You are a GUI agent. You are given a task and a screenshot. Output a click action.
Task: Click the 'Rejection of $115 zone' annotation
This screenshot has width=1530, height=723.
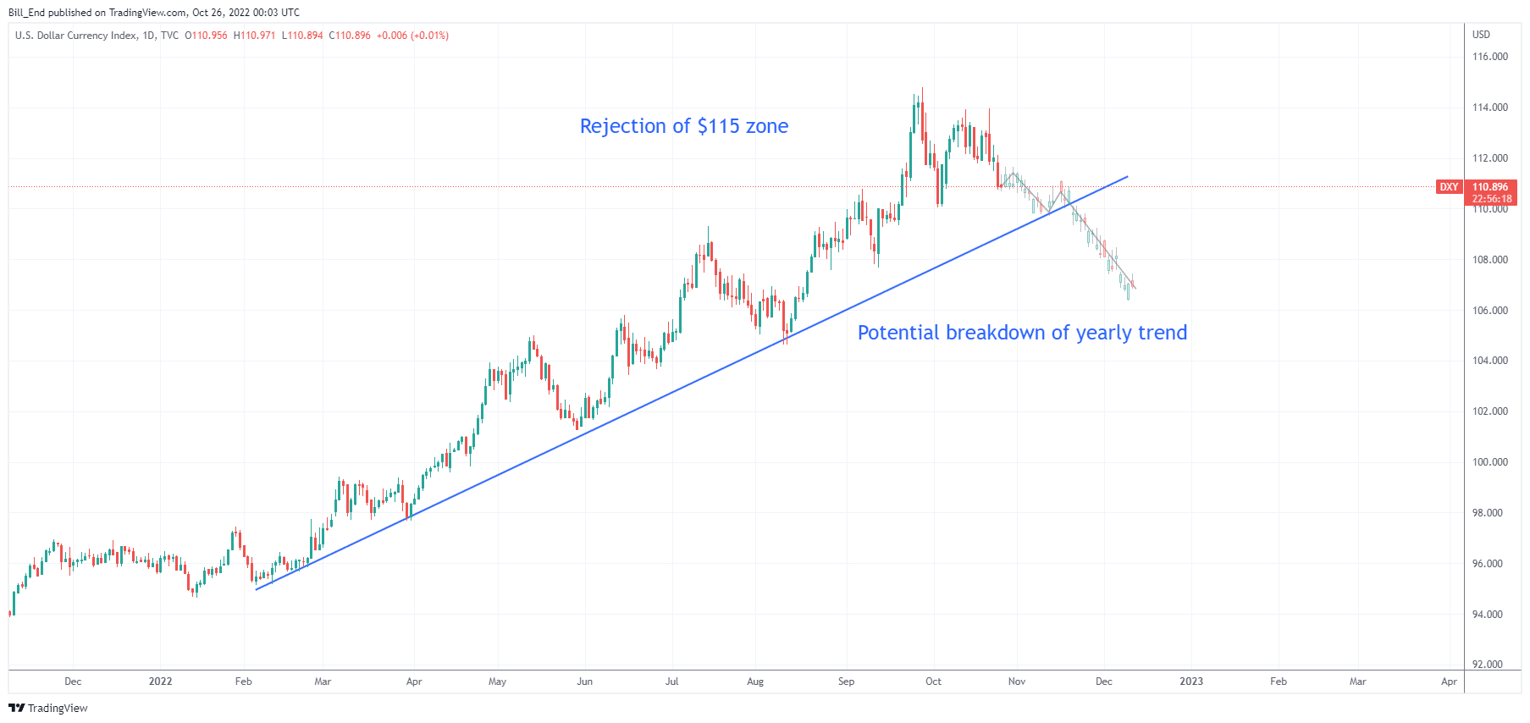click(x=683, y=126)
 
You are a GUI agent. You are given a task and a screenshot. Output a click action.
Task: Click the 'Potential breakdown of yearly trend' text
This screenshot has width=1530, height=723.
click(x=1022, y=333)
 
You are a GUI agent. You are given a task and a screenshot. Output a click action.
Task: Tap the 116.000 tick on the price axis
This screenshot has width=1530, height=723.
click(x=1489, y=57)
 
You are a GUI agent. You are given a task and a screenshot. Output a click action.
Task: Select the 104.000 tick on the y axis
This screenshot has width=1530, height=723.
click(x=1489, y=361)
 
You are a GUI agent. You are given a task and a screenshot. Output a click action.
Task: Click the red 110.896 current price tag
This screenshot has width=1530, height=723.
click(x=1490, y=187)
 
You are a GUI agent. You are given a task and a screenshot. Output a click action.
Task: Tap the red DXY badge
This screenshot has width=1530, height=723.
click(x=1449, y=187)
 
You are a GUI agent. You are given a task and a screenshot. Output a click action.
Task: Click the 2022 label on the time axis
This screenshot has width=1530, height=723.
click(x=160, y=682)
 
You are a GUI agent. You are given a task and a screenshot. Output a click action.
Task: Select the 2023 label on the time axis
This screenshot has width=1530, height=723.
click(x=1190, y=682)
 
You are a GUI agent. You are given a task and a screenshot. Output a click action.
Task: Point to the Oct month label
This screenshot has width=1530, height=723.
click(x=933, y=682)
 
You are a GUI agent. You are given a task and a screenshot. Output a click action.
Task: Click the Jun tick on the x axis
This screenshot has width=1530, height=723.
click(x=584, y=682)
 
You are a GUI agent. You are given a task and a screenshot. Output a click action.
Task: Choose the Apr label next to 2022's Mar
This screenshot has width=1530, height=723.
click(x=414, y=682)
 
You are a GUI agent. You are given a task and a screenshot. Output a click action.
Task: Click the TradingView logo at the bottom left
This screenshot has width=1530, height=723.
click(x=48, y=708)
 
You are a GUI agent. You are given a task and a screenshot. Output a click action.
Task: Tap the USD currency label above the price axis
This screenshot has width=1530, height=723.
click(x=1481, y=35)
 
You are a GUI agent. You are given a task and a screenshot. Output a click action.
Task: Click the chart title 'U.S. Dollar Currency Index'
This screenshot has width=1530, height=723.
click(x=75, y=36)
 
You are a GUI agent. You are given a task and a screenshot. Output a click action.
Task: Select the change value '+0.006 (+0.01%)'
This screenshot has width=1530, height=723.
click(x=412, y=36)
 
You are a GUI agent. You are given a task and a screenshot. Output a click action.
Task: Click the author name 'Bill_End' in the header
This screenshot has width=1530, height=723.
click(x=26, y=13)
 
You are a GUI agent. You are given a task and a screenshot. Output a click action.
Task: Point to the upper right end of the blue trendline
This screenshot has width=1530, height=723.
click(x=1127, y=177)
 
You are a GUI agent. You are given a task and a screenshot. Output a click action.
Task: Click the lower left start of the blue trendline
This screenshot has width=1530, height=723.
click(x=256, y=588)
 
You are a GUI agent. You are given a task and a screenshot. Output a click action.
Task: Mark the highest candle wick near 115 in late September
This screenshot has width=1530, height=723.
click(x=922, y=88)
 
